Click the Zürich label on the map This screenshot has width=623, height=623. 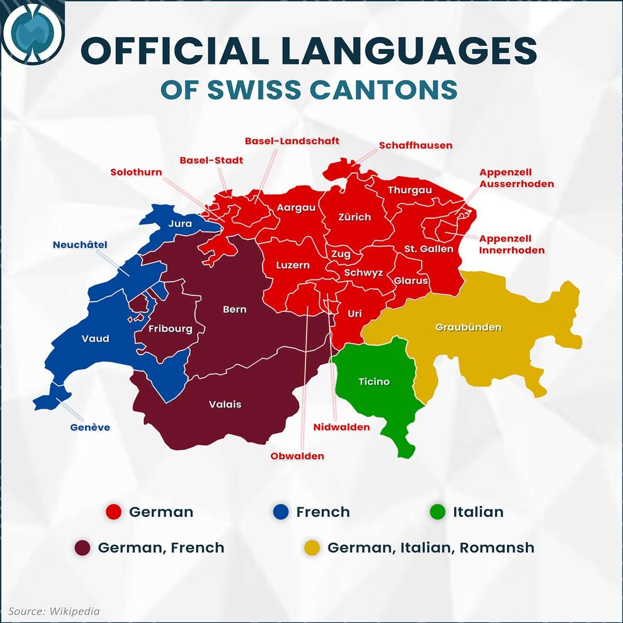click(x=355, y=217)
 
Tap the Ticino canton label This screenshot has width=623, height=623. click(x=374, y=382)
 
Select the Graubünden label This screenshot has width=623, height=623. click(x=468, y=328)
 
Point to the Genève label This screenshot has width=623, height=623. click(x=90, y=427)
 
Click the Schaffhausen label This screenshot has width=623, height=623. click(x=415, y=145)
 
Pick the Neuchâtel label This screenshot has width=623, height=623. click(x=80, y=245)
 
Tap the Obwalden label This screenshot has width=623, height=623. click(x=297, y=456)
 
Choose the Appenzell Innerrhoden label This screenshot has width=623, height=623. click(x=512, y=245)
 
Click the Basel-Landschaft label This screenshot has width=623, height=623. click(x=292, y=141)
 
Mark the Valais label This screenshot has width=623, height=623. click(x=225, y=405)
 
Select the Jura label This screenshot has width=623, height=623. click(x=180, y=224)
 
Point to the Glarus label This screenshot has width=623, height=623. click(x=411, y=281)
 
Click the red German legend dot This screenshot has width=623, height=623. click(x=114, y=512)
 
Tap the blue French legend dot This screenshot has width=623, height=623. click(x=281, y=512)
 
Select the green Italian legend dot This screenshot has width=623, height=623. click(x=438, y=512)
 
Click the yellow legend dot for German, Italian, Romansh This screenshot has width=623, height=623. click(x=312, y=548)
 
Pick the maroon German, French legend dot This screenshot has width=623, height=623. click(x=82, y=548)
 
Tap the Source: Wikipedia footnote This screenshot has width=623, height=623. click(x=54, y=611)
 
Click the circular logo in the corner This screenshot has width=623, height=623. click(x=32, y=33)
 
